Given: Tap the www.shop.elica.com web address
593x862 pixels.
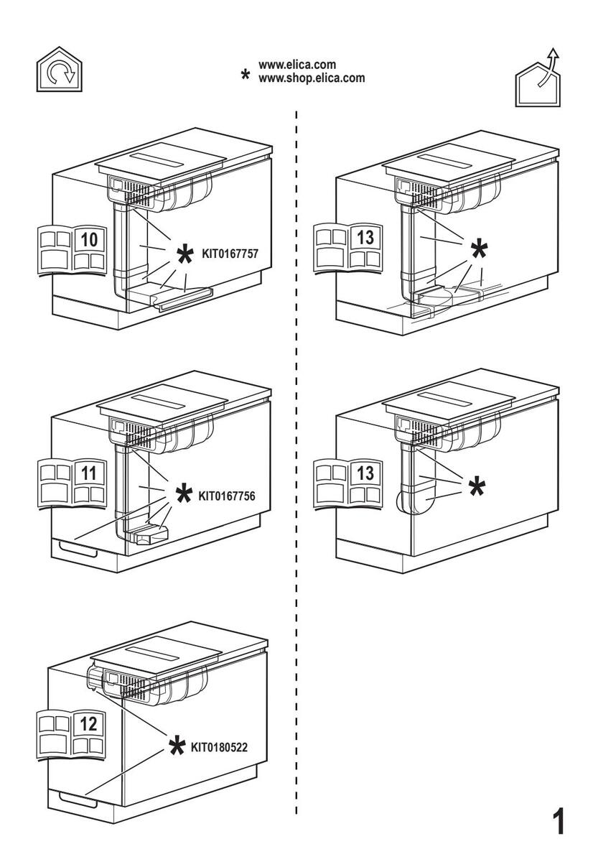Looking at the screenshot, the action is [x=311, y=78].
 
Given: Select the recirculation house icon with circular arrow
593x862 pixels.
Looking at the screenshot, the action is [x=60, y=69].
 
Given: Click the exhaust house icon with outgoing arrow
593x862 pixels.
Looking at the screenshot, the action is [x=537, y=77].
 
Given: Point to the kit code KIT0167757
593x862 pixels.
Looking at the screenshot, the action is [x=230, y=254].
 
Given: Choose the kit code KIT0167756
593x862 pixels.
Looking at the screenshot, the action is [x=227, y=496].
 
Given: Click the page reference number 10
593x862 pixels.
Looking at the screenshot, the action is [x=89, y=240].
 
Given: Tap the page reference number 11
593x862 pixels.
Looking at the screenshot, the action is [x=88, y=473].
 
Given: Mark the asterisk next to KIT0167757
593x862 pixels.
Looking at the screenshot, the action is [x=185, y=254].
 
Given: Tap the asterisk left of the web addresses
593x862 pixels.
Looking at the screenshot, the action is [x=245, y=75].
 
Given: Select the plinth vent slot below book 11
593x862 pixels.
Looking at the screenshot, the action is [x=78, y=547].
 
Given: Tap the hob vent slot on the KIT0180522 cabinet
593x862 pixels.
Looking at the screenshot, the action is [x=154, y=654].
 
